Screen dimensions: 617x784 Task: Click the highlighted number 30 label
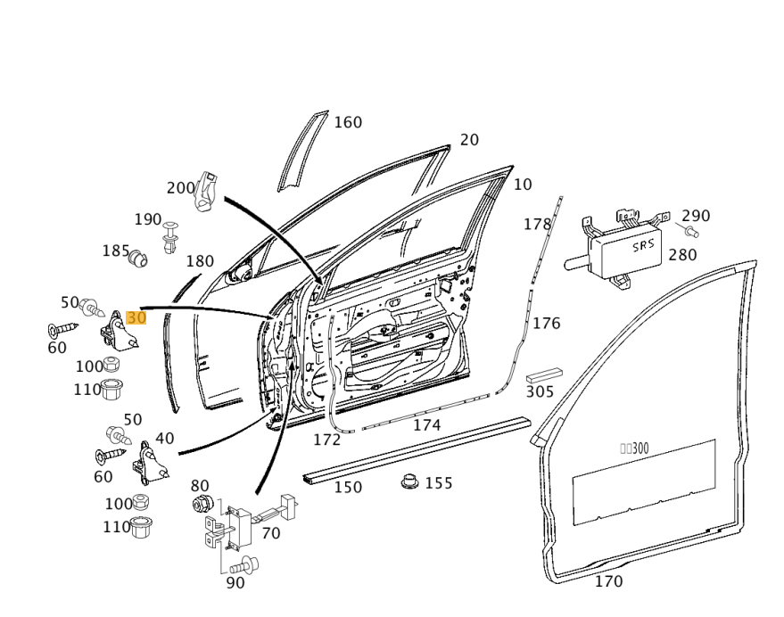136,318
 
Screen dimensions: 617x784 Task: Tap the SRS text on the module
643,245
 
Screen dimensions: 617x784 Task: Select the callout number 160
348,122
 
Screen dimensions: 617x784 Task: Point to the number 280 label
682,255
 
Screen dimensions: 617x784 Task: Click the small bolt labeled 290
691,232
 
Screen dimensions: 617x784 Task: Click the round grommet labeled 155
409,482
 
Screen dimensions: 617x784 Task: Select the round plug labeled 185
137,259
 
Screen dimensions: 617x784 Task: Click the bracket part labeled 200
207,191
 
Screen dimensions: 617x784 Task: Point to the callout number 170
608,582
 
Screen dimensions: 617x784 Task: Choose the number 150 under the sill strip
348,488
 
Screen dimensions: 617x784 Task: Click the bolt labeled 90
243,564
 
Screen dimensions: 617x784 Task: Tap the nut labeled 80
201,505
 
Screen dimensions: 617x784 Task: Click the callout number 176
546,323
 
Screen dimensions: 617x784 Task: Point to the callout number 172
326,440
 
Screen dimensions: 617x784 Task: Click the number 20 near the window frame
469,140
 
